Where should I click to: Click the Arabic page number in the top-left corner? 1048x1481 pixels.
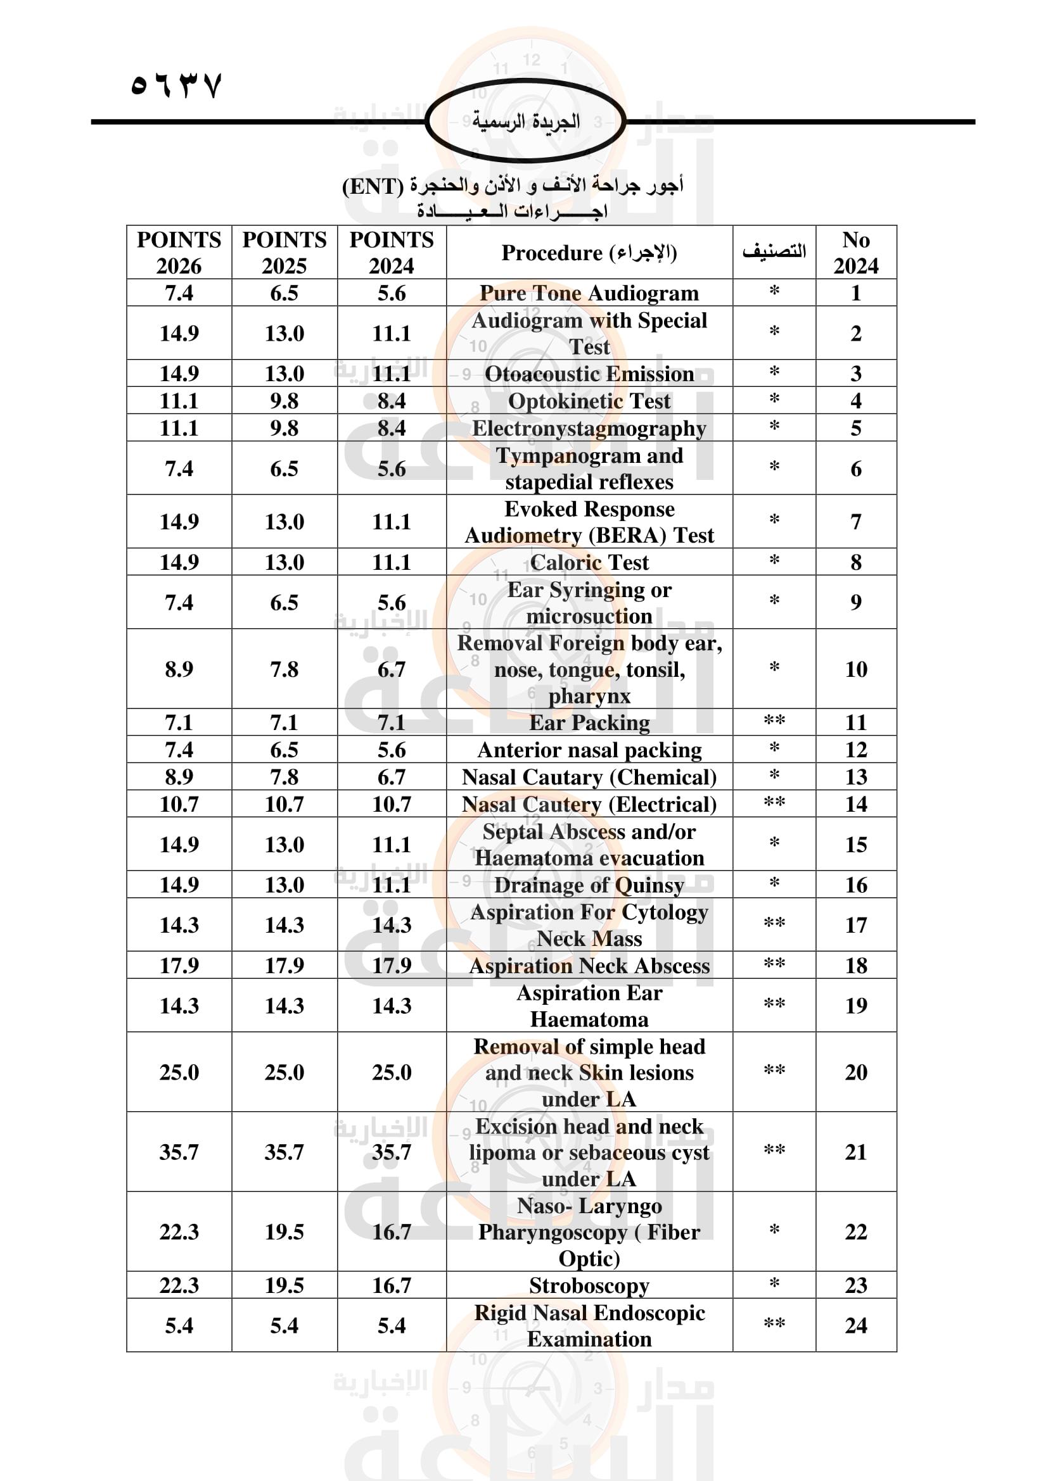176,85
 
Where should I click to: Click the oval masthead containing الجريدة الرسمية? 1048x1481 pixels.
525,121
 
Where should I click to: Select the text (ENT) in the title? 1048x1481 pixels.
373,186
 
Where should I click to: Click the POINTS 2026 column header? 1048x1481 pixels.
179,252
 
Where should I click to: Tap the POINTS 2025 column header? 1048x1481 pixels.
284,252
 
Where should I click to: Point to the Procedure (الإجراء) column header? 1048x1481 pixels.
589,252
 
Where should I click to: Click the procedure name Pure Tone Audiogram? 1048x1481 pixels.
589,293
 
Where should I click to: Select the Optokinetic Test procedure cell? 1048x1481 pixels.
589,401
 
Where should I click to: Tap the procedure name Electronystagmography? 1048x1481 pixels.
589,427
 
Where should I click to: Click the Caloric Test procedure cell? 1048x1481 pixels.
589,562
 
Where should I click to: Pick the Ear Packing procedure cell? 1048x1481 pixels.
589,722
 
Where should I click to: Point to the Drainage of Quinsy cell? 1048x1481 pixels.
589,885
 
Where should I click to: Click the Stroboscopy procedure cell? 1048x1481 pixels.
589,1285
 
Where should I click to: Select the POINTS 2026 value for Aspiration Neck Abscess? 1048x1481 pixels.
179,965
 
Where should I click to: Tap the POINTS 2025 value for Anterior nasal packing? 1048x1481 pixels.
284,750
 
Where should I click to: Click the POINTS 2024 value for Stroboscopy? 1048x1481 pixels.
391,1285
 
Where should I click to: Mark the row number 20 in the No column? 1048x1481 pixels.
855,1072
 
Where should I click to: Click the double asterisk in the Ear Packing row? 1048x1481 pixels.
774,721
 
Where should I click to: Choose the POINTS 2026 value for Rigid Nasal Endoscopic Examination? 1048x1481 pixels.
179,1325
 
